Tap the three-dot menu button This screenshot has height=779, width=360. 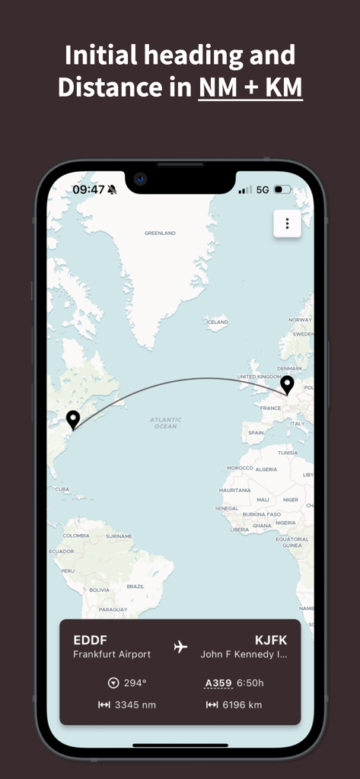(x=287, y=224)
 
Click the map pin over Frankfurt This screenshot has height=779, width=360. (x=287, y=385)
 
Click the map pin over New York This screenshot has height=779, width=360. (x=73, y=420)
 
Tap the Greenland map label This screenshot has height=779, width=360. (x=160, y=233)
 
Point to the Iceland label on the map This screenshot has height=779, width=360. (x=217, y=323)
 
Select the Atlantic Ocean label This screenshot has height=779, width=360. (x=165, y=423)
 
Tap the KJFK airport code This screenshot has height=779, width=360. (x=271, y=640)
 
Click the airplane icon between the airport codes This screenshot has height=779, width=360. (x=180, y=647)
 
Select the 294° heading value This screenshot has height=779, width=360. (x=135, y=683)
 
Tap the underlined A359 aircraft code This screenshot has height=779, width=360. (x=218, y=683)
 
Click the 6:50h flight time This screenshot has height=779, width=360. (x=250, y=683)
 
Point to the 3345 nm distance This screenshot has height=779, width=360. (x=135, y=705)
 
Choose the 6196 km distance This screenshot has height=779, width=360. (x=242, y=705)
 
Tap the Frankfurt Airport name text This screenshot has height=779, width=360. (x=112, y=654)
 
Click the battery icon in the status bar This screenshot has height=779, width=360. (x=282, y=189)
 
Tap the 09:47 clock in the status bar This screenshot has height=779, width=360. (x=88, y=189)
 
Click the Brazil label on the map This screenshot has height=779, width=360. (x=135, y=587)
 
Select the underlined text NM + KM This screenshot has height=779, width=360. (x=250, y=87)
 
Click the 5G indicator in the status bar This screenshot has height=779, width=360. (x=263, y=189)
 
